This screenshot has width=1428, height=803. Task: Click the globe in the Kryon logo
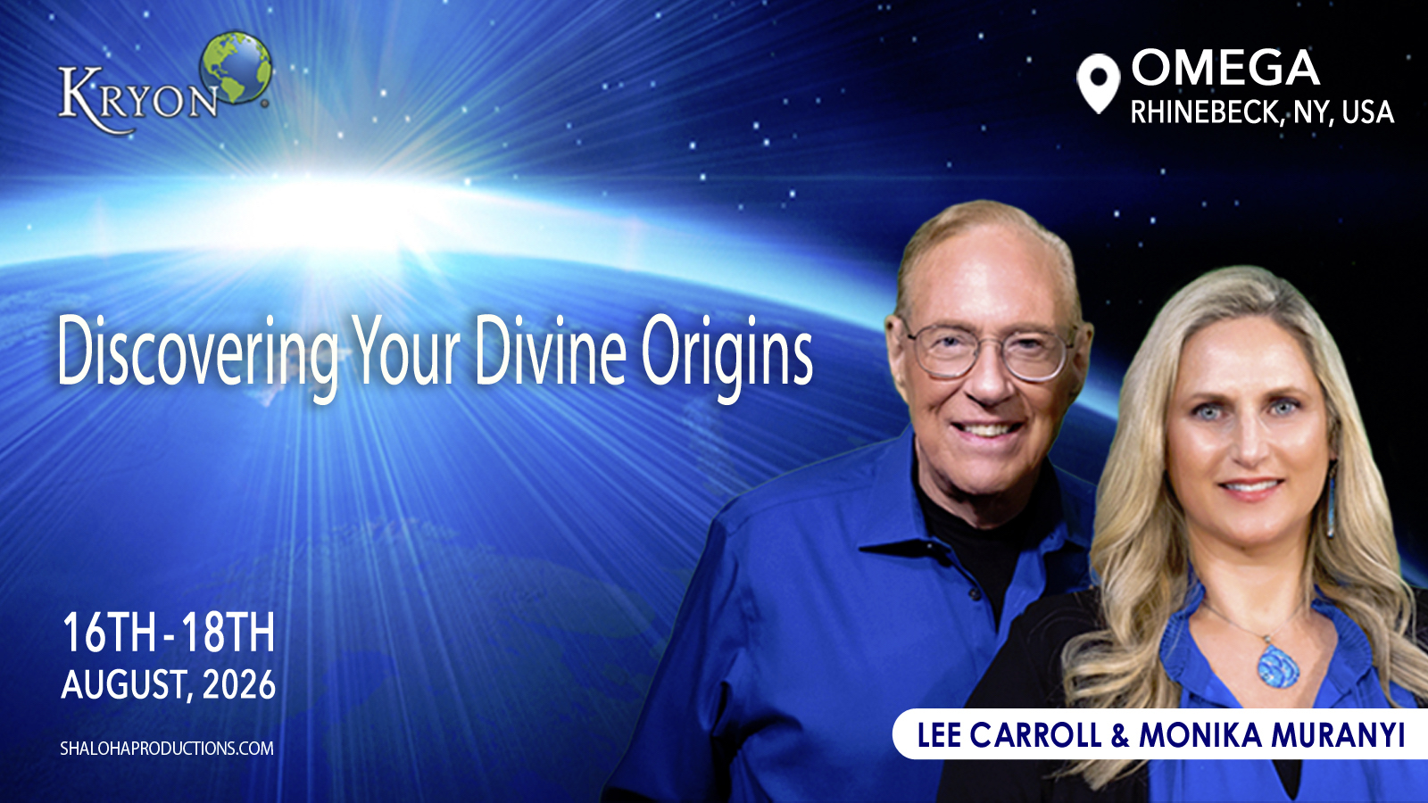tap(236, 67)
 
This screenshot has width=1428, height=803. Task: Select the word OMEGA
tap(1225, 68)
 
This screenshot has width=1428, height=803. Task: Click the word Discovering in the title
tap(198, 353)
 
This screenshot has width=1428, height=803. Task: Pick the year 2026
tap(239, 685)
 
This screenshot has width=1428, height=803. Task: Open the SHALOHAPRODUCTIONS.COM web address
tap(167, 749)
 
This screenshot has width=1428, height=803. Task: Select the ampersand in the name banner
tap(1119, 735)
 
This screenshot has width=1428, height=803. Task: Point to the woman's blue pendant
tap(1278, 666)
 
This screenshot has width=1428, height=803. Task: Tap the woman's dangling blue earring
tap(1331, 503)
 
